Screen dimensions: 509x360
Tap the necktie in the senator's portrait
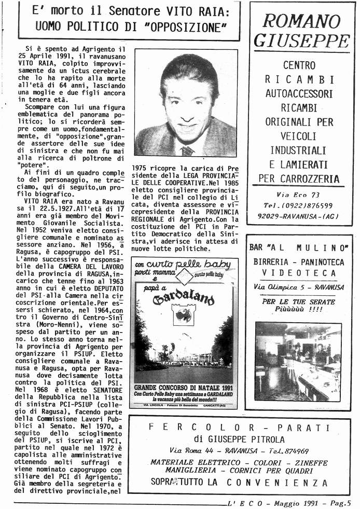(187, 150)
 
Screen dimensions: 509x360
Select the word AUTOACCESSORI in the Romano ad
(299, 94)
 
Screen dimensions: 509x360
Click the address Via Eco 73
(298, 195)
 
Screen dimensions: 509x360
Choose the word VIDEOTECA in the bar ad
(299, 273)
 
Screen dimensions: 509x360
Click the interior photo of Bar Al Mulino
(298, 361)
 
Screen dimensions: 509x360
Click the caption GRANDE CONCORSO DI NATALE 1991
(183, 387)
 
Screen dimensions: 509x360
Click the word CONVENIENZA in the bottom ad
(278, 483)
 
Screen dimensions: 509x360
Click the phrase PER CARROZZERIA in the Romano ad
(299, 179)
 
